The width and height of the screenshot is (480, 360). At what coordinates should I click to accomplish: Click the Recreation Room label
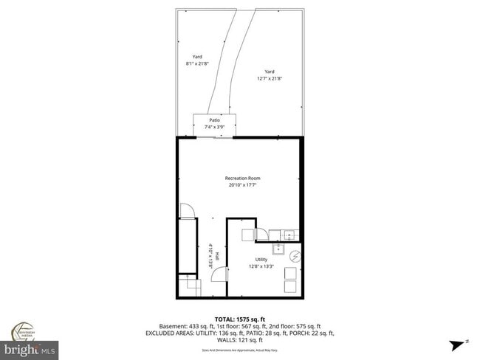coord(242,179)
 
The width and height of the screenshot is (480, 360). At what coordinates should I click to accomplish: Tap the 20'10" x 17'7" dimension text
coord(242,186)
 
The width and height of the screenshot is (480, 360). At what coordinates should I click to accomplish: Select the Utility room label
coord(261,260)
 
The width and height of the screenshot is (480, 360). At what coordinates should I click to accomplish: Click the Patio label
coord(214,120)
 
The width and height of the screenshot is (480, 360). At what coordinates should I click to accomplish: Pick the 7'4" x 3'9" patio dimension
coord(214,127)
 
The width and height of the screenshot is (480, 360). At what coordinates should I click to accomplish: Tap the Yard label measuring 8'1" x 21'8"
coord(197,56)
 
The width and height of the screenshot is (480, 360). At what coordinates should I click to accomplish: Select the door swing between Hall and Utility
coord(219,274)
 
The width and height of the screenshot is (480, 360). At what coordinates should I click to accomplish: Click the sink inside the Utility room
coord(290,236)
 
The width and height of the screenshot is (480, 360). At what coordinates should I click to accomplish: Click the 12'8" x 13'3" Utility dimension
coord(261,267)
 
